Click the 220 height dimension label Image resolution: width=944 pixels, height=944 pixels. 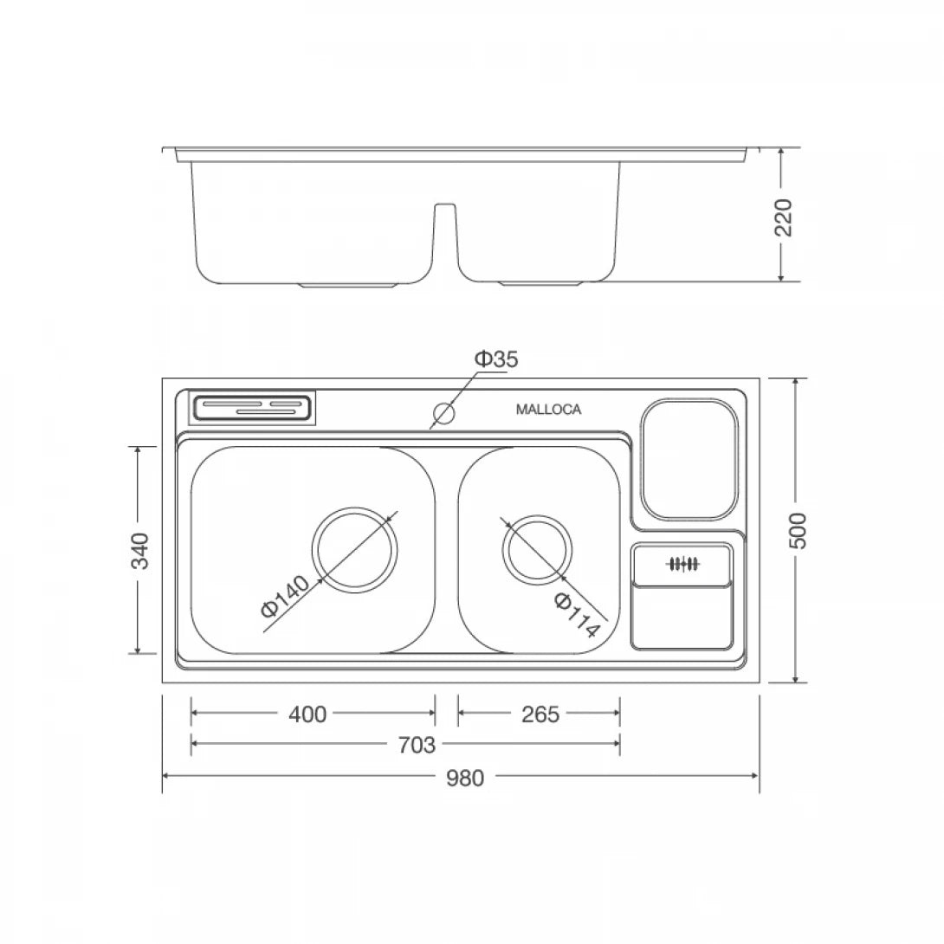(783, 217)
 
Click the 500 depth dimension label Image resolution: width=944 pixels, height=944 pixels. (798, 529)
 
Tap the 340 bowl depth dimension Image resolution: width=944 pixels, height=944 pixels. (139, 551)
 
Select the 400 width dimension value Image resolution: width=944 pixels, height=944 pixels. (308, 714)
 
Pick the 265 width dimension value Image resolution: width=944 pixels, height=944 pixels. (540, 714)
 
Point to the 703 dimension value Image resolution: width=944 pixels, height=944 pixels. (416, 744)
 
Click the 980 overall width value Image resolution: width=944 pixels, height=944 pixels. (465, 778)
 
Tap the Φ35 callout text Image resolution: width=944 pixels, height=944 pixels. (495, 359)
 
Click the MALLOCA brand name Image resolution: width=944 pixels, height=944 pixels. (548, 411)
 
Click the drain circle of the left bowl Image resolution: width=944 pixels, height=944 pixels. (355, 549)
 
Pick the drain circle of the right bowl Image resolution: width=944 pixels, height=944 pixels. (538, 551)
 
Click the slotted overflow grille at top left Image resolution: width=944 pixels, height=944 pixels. (252, 406)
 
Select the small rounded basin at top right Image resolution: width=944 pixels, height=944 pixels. (690, 459)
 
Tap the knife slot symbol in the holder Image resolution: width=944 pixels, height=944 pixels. (682, 565)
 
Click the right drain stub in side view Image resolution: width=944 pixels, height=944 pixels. (538, 283)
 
